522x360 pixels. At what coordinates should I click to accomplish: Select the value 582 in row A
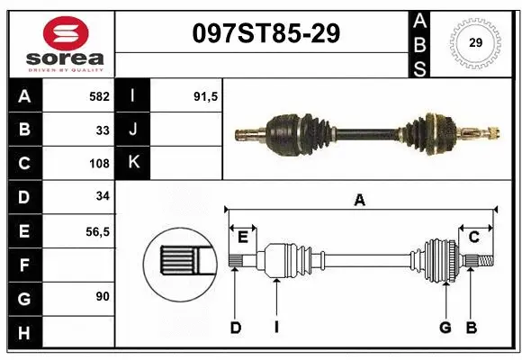(98, 96)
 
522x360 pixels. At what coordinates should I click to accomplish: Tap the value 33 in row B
(103, 130)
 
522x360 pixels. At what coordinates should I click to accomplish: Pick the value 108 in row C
(99, 164)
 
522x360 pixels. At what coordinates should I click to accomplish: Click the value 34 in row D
(103, 197)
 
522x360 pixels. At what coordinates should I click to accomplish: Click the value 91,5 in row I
(206, 96)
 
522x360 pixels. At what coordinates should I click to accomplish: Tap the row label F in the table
(23, 265)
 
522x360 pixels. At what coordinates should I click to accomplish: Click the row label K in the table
(133, 164)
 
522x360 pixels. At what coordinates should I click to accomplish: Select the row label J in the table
(133, 130)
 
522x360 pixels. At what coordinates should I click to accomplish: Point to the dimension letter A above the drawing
(360, 200)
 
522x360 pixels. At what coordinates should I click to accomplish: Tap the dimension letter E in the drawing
(242, 237)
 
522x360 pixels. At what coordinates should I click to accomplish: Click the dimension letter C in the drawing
(473, 237)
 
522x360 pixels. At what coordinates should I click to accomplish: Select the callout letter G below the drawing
(445, 328)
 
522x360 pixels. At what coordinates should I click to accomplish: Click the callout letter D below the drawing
(236, 328)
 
